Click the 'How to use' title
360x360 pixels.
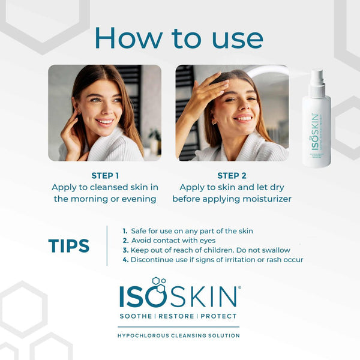[179, 37]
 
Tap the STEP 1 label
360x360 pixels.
[105, 176]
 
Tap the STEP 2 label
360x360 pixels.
[232, 176]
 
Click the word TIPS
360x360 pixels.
[68, 245]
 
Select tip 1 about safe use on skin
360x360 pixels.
[188, 231]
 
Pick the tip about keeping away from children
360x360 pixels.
[206, 250]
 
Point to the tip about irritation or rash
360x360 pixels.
[213, 260]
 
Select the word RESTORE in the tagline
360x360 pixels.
[178, 316]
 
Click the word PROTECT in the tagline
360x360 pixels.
[218, 316]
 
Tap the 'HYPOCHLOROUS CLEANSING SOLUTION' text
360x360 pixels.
[179, 335]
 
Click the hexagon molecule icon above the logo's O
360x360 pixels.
[158, 281]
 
